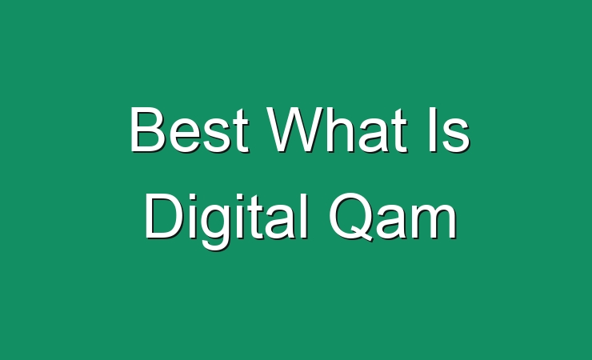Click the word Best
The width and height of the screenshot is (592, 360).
pos(189,130)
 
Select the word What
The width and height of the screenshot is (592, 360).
pos(337,130)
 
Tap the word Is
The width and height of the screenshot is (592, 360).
pos(450,130)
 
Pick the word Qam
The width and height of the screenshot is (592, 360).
pos(393,217)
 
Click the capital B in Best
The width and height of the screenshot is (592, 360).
pos(148,130)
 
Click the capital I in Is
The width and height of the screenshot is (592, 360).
pos(433,130)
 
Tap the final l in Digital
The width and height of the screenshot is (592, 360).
pos(304,216)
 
